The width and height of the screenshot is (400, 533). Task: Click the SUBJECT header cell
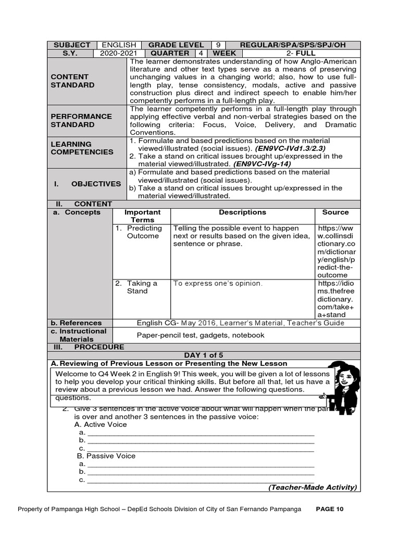(71, 45)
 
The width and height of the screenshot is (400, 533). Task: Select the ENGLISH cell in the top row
(119, 45)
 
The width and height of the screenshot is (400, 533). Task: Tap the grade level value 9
(218, 45)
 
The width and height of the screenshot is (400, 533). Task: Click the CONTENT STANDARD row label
(72, 81)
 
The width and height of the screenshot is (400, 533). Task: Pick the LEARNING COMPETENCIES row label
(81, 148)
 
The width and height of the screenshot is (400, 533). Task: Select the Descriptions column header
(242, 212)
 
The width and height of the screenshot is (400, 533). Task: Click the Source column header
(335, 212)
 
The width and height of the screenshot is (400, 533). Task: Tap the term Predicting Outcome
(143, 232)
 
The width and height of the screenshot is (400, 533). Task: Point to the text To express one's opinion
(218, 284)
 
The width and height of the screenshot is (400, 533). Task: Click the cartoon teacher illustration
(342, 387)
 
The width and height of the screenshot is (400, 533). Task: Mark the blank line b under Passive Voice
(201, 472)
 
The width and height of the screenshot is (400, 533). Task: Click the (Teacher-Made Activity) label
(312, 487)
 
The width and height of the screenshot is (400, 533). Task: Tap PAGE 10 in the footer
(330, 509)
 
